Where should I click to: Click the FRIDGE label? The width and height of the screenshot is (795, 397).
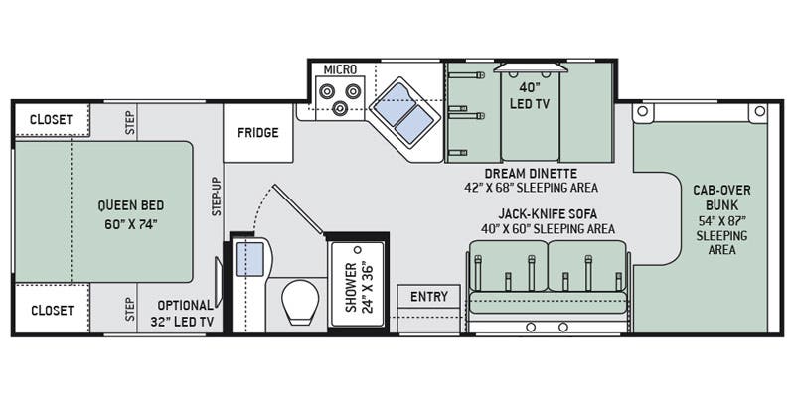[257, 133]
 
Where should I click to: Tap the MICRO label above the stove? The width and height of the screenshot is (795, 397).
[341, 69]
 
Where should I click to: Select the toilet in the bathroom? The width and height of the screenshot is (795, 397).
[299, 303]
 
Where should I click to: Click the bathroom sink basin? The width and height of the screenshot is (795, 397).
[248, 259]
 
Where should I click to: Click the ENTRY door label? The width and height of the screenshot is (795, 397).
[428, 297]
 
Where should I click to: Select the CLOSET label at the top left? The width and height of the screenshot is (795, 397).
[51, 119]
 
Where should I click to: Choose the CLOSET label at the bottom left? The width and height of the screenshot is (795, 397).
[51, 311]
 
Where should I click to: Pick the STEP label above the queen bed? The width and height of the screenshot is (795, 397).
[130, 120]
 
